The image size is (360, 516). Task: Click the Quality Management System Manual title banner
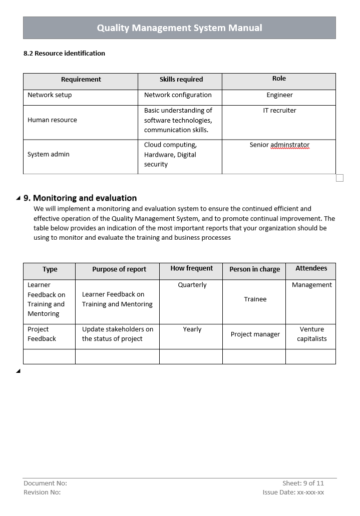point(179,28)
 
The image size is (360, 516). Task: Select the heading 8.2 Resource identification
point(64,53)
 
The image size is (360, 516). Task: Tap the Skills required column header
point(181,79)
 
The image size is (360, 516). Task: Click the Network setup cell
point(50,95)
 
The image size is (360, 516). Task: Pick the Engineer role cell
point(279,95)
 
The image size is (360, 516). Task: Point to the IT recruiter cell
point(279,110)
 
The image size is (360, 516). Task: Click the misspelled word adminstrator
point(290,145)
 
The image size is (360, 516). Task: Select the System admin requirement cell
point(49,154)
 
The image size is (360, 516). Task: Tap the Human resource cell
point(52,120)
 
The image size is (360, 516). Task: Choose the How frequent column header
point(191,268)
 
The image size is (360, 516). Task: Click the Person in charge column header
point(254,269)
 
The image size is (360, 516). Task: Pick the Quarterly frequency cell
point(192,285)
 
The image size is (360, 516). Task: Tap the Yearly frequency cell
point(192,329)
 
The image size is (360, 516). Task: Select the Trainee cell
point(255,299)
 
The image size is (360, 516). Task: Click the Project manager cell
point(255,334)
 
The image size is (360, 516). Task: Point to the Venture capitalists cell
point(311,334)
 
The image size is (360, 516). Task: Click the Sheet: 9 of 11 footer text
point(303,483)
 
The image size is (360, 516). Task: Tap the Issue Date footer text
point(293,492)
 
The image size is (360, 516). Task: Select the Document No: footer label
point(45,483)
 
